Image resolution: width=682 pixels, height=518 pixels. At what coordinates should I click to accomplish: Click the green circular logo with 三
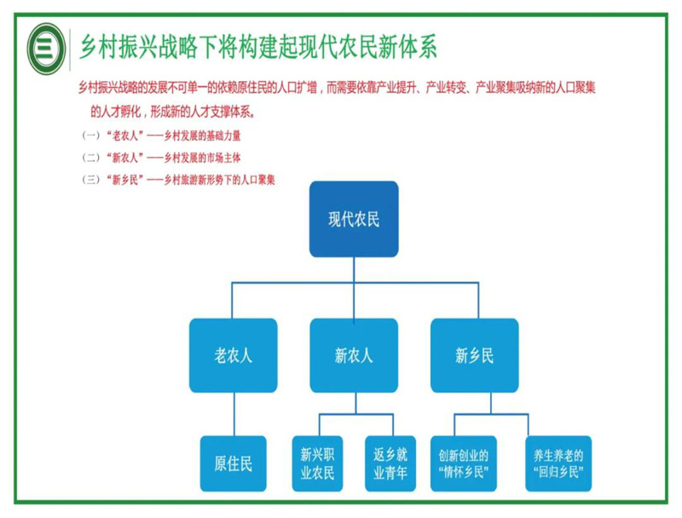click(x=45, y=46)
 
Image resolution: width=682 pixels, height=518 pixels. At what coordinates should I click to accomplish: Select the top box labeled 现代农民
click(x=354, y=219)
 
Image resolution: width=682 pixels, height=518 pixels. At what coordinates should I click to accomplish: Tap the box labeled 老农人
click(x=233, y=355)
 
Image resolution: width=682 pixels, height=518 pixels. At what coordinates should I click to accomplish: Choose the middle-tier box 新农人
click(x=354, y=355)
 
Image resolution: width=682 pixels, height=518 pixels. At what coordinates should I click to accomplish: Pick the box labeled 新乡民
click(x=474, y=355)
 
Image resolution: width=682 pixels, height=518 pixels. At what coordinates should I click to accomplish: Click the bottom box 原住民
click(x=233, y=464)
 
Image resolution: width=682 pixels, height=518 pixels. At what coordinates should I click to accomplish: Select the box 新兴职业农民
click(x=317, y=464)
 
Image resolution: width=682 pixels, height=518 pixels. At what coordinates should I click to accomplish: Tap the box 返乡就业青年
click(x=390, y=464)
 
